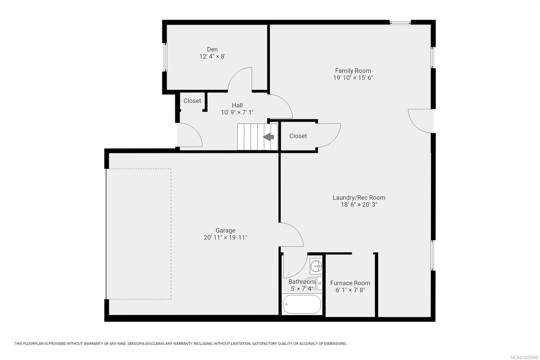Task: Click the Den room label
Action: tap(212, 49)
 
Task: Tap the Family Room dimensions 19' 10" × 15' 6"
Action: tap(353, 78)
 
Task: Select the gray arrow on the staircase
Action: tap(268, 137)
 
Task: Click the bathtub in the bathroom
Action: tap(302, 304)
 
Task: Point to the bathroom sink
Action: tap(316, 266)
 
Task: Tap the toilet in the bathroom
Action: tap(314, 283)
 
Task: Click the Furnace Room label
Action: tap(350, 283)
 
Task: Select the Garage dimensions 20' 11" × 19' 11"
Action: tap(225, 237)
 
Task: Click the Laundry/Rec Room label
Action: tap(359, 197)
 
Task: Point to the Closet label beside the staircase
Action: tap(298, 136)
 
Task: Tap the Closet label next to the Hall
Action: tap(192, 101)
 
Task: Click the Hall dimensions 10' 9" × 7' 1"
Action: tap(237, 112)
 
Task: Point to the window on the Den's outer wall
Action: tap(165, 57)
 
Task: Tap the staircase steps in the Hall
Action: tap(258, 137)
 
